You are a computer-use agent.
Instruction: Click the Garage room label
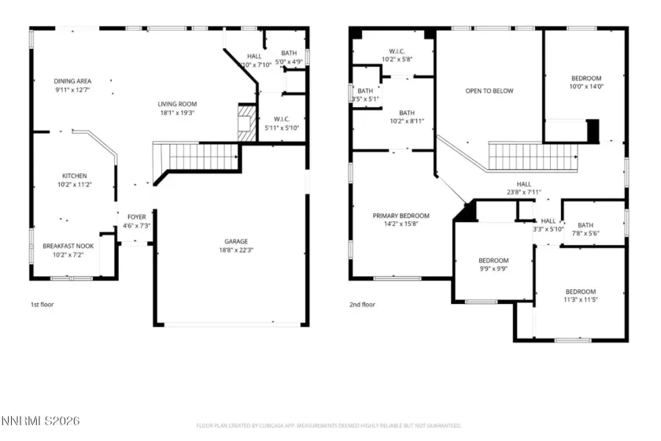[236, 241]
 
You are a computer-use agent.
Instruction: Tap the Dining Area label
[73, 81]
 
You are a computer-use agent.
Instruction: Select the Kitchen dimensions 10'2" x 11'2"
[75, 184]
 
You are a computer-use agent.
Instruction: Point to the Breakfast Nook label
[68, 246]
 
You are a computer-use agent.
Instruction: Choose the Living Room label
[177, 104]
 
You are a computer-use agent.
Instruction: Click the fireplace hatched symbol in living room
[247, 124]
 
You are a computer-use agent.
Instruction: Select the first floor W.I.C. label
[279, 120]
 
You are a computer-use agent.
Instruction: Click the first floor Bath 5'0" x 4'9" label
[289, 53]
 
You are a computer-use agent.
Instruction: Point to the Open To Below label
[489, 91]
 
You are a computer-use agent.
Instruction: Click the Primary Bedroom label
[401, 216]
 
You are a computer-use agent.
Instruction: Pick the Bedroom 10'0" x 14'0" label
[585, 78]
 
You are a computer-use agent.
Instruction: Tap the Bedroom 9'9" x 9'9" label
[493, 261]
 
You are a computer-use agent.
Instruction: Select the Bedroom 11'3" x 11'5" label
[580, 291]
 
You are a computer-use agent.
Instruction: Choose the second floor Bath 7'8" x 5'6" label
[585, 225]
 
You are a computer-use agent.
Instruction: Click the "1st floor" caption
[42, 305]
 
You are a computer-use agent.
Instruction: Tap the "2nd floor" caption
[362, 305]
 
